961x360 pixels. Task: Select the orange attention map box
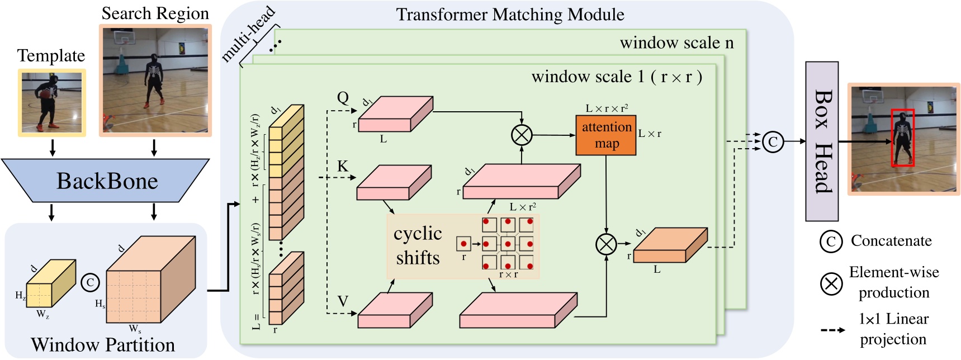click(606, 135)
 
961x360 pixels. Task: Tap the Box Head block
click(821, 141)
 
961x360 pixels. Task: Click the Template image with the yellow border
click(52, 103)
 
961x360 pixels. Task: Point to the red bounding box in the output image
click(902, 138)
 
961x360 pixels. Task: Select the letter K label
click(342, 166)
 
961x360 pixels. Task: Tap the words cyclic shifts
click(418, 245)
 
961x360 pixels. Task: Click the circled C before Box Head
click(773, 141)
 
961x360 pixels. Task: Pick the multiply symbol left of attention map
click(522, 135)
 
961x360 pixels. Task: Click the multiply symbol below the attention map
click(606, 244)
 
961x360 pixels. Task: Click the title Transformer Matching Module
click(510, 15)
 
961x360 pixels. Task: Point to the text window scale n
click(676, 42)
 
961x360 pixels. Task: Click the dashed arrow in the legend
click(832, 330)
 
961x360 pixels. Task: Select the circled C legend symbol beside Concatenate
click(831, 241)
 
